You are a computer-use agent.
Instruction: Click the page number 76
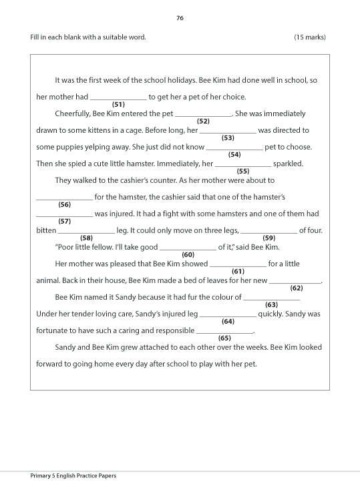[x=180, y=18]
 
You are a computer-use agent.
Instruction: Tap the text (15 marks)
[x=310, y=37]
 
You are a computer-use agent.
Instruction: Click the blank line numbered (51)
[x=118, y=97]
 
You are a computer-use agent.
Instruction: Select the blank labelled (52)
[x=204, y=114]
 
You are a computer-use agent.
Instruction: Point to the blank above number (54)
[x=234, y=148]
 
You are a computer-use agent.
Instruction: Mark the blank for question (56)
[x=64, y=198]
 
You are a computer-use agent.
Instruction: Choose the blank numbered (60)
[x=188, y=248]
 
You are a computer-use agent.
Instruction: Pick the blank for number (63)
[x=271, y=298]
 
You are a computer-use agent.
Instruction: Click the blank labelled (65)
[x=224, y=331]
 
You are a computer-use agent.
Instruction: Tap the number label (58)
[x=86, y=238]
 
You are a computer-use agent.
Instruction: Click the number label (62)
[x=297, y=288]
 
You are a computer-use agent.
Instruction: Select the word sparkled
[x=288, y=164]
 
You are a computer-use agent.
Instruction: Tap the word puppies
[x=69, y=147]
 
